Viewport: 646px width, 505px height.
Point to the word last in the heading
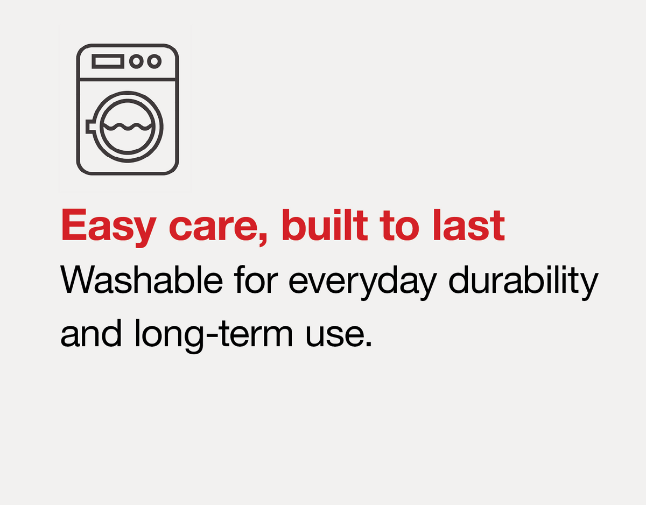[469, 225]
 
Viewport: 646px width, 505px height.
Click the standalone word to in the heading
[400, 227]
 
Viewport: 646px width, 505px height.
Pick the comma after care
[263, 238]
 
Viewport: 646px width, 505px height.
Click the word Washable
[142, 279]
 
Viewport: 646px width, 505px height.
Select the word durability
[523, 283]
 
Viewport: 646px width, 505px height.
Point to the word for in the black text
[256, 279]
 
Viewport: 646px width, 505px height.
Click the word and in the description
[92, 332]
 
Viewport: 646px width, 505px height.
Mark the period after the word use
[369, 344]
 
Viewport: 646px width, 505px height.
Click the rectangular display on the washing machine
[108, 61]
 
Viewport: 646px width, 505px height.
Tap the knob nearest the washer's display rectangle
[136, 61]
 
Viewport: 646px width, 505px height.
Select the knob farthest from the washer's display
[155, 61]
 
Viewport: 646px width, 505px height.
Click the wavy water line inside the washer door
[128, 127]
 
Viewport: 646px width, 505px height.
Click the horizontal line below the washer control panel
[128, 79]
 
